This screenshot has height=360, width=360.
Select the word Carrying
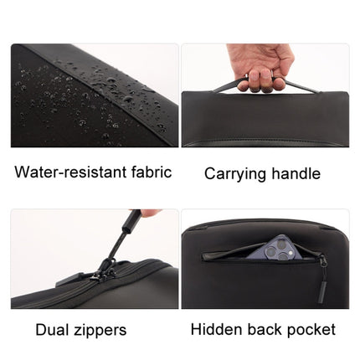click(234, 174)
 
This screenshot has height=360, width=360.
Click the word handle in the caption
click(296, 173)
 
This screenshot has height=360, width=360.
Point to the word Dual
click(52, 330)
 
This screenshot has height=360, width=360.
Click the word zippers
click(100, 331)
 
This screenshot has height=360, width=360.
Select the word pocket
click(311, 330)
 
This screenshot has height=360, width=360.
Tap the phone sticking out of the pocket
click(275, 248)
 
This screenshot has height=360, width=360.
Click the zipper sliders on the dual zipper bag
click(105, 270)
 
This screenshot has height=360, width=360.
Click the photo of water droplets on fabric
click(95, 95)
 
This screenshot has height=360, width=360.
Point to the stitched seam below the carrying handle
click(265, 143)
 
